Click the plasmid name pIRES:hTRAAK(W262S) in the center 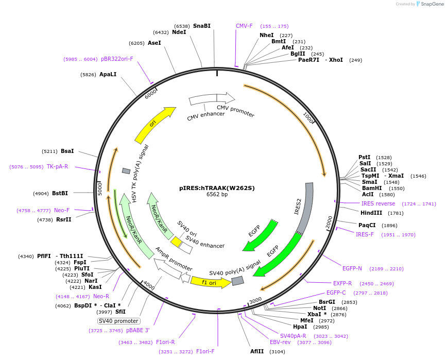[217, 188]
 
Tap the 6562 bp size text [217, 195]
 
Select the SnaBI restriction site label [201, 26]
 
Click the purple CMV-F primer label [244, 26]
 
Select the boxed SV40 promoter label [118, 321]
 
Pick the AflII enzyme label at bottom [257, 351]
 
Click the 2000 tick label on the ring [330, 222]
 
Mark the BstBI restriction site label [60, 194]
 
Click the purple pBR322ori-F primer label [117, 59]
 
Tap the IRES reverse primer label [378, 204]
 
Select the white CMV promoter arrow [226, 98]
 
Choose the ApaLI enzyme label [108, 74]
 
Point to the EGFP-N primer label [359, 268]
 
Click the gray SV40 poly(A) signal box [237, 281]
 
